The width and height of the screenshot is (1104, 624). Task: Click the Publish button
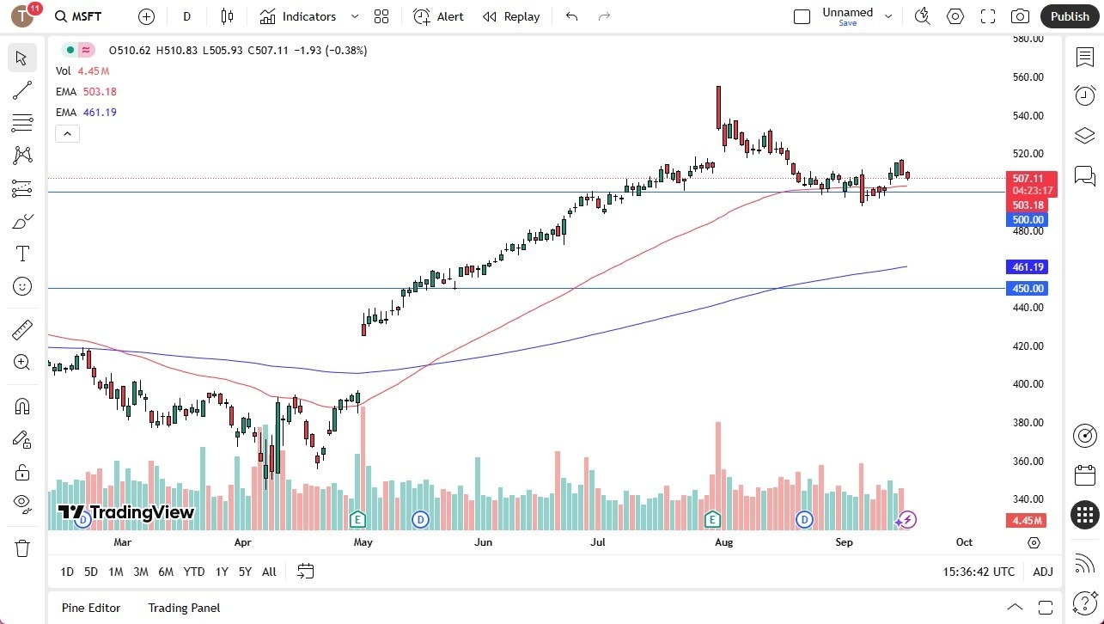[x=1070, y=16]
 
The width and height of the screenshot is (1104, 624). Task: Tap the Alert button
[x=438, y=16]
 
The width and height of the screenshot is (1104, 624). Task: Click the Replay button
[x=511, y=16]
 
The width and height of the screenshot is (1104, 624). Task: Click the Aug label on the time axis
[x=723, y=542]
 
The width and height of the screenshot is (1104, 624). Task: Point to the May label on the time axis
[x=363, y=542]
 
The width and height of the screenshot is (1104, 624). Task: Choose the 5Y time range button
[x=245, y=572]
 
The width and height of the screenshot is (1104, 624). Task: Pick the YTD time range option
[x=194, y=572]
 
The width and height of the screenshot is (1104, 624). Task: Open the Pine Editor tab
[x=91, y=608]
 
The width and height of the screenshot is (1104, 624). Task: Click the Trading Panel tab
[x=184, y=608]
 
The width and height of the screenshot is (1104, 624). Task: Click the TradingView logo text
[x=126, y=513]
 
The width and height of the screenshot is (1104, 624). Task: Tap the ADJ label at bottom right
[x=1043, y=572]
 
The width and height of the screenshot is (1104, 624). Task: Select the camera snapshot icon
[x=1020, y=16]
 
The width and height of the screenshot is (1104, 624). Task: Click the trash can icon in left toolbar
[x=22, y=548]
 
